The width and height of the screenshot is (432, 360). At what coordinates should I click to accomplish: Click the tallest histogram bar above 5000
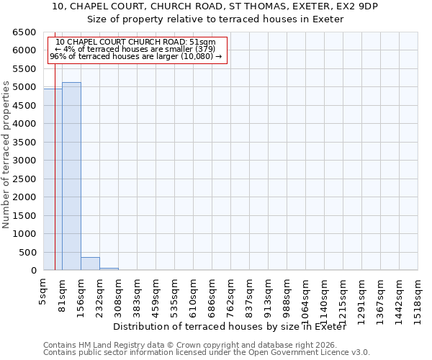[71, 176]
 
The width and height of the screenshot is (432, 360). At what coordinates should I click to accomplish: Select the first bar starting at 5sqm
[53, 180]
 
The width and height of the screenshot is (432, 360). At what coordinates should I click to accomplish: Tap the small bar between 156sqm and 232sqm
[90, 264]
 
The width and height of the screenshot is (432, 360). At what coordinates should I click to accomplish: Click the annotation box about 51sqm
[138, 49]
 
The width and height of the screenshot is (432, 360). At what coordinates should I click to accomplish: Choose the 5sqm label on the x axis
[44, 292]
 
